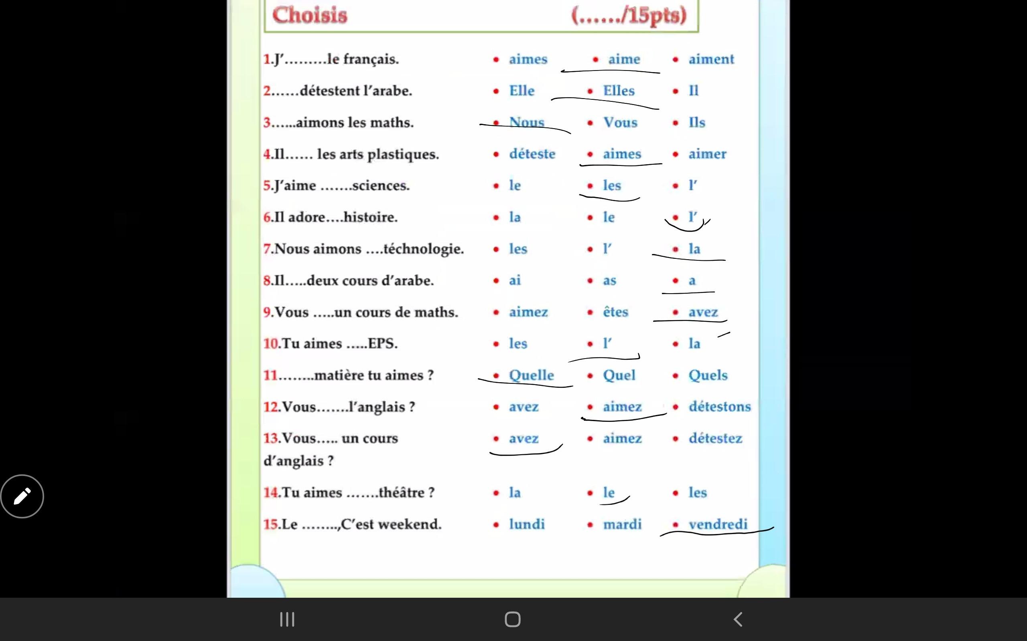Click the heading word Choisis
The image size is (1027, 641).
(309, 15)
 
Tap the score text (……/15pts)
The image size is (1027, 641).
(629, 15)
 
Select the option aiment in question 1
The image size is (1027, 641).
(711, 59)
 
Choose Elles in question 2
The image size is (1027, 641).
(618, 91)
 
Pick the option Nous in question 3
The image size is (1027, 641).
(526, 122)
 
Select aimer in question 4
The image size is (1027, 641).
(707, 154)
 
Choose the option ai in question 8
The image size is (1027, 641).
(514, 280)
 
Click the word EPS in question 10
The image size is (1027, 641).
(382, 343)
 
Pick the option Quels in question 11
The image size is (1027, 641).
(707, 375)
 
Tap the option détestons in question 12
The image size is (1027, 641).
(719, 407)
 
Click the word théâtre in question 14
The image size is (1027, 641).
(401, 493)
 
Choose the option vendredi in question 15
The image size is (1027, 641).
(718, 524)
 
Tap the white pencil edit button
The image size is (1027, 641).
(22, 496)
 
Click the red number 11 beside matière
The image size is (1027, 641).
(270, 376)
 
